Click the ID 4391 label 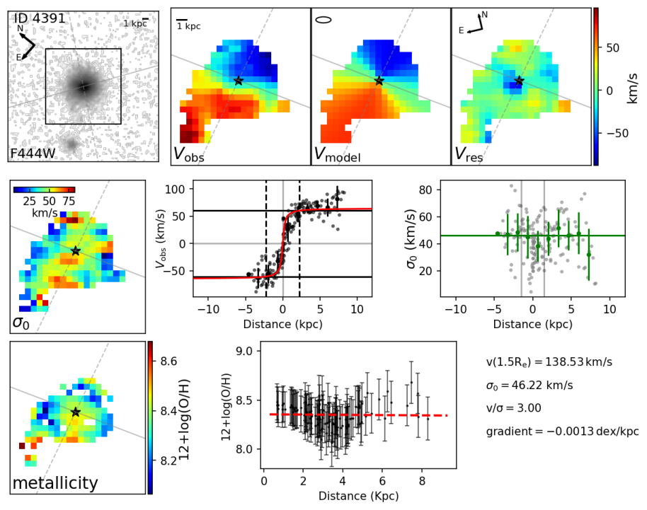coord(40,18)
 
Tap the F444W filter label coord(33,153)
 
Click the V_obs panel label coord(189,154)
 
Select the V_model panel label coord(337,154)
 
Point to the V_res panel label coord(469,154)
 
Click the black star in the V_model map coord(379,81)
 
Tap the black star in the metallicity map coord(76,412)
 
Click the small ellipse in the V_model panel coord(323,20)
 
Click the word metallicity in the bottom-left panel coord(55,484)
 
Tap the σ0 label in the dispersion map coord(22,322)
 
